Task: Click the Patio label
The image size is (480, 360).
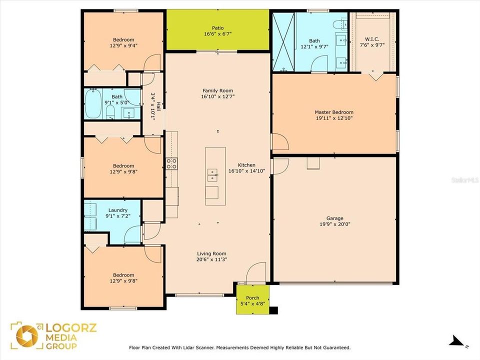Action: [217, 28]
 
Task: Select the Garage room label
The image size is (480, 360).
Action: [334, 218]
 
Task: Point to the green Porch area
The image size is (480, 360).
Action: [252, 299]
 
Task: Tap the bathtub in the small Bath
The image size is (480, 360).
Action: [93, 104]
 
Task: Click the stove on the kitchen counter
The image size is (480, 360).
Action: [171, 163]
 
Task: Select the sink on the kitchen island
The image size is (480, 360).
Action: [212, 175]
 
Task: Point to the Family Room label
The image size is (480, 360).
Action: [217, 90]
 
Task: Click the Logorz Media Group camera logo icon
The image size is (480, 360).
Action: [26, 335]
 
